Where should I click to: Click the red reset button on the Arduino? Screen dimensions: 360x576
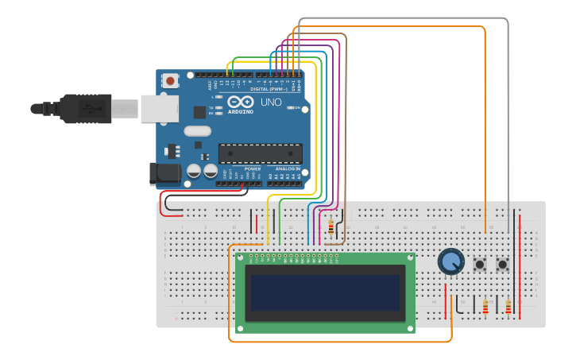tap(170, 80)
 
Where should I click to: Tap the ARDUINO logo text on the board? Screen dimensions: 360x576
tap(241, 111)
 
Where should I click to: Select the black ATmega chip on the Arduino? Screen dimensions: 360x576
tap(260, 153)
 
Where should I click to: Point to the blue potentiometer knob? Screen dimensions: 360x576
tap(450, 261)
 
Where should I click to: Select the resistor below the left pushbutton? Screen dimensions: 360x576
tap(485, 306)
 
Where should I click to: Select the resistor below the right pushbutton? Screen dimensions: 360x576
tap(508, 306)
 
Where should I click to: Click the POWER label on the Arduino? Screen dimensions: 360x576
tap(253, 169)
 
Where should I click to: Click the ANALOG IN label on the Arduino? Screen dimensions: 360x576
tap(288, 169)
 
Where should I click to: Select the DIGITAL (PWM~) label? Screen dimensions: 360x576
tap(269, 90)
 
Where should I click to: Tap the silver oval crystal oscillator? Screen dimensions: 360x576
tap(197, 131)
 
